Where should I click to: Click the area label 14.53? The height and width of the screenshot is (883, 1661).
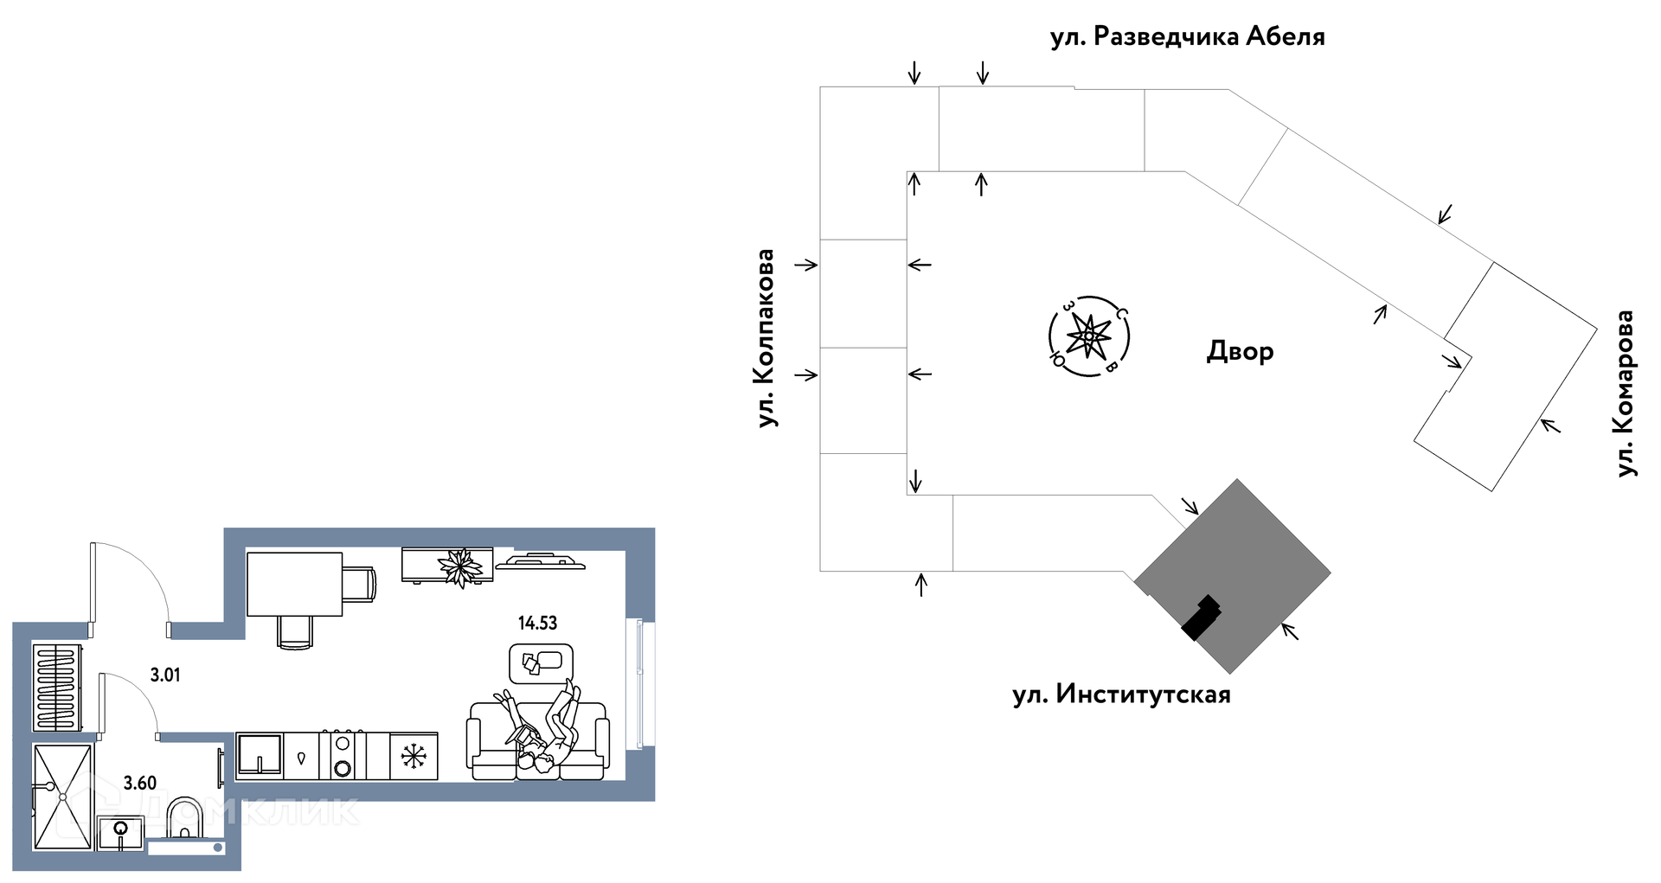pyautogui.click(x=537, y=623)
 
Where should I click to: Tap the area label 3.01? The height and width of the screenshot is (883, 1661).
pyautogui.click(x=165, y=675)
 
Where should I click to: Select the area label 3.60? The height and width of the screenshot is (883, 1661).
pyautogui.click(x=140, y=784)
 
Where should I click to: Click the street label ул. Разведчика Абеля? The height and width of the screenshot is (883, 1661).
pyautogui.click(x=1187, y=37)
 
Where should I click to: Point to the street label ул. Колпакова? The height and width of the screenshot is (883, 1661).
pyautogui.click(x=766, y=338)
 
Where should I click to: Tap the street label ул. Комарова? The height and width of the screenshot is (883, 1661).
pyautogui.click(x=1626, y=394)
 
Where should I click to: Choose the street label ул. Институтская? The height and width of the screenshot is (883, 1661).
pyautogui.click(x=1121, y=694)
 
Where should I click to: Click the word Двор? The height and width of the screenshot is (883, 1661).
pyautogui.click(x=1240, y=351)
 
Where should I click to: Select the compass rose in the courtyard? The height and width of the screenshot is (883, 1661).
pyautogui.click(x=1089, y=336)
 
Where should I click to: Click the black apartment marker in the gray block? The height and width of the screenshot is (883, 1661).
pyautogui.click(x=1202, y=617)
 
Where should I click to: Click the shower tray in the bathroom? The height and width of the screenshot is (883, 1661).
pyautogui.click(x=62, y=797)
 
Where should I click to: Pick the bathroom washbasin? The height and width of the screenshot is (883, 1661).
pyautogui.click(x=120, y=834)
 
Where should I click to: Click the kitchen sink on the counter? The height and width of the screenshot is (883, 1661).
pyautogui.click(x=260, y=756)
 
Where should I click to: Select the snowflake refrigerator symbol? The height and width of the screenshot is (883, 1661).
pyautogui.click(x=414, y=757)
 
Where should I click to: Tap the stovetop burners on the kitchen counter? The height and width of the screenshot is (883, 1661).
pyautogui.click(x=343, y=756)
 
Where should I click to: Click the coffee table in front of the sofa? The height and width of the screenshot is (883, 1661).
pyautogui.click(x=542, y=662)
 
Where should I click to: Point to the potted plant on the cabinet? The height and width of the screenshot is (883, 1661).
pyautogui.click(x=459, y=566)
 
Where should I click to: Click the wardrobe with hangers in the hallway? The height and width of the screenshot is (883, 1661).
pyautogui.click(x=57, y=686)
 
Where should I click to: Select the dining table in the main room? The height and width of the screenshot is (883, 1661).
pyautogui.click(x=294, y=584)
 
